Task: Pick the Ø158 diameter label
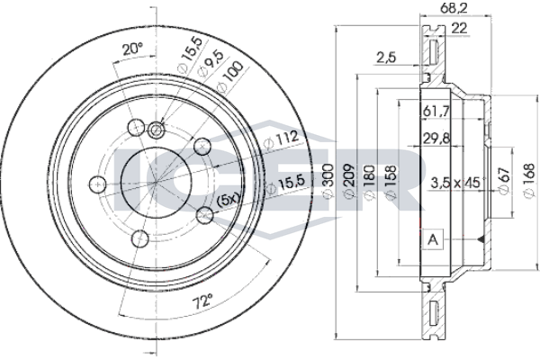coord(388,181)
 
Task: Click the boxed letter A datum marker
coord(433,239)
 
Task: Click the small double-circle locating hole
coord(156,128)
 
